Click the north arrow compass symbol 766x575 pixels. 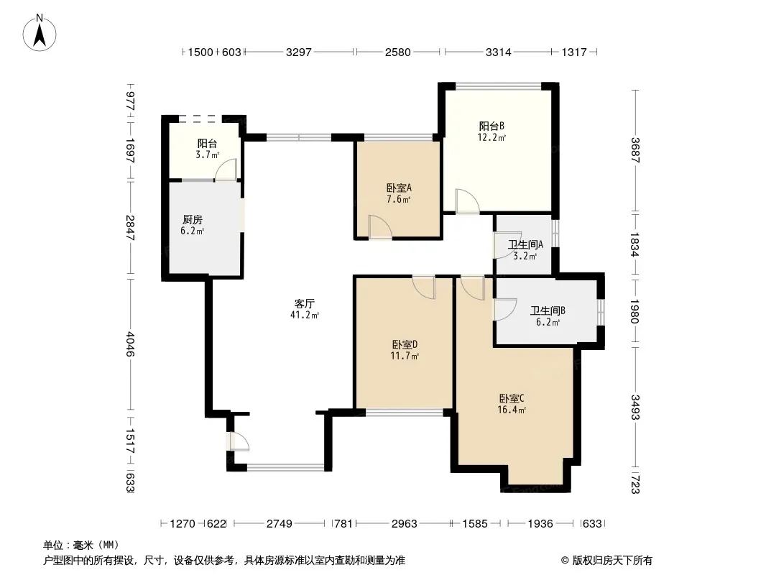pos(40,33)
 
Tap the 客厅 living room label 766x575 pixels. pos(305,303)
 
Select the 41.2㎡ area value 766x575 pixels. pos(305,315)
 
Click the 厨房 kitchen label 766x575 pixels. pos(193,220)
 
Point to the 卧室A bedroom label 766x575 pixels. pos(399,188)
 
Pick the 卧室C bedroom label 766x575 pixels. pos(512,399)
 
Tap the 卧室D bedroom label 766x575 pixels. pos(405,344)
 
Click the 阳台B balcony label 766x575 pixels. pos(492,126)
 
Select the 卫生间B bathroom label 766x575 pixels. pos(548,310)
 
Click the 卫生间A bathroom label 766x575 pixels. pos(525,244)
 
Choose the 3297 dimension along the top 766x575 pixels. pos(298,52)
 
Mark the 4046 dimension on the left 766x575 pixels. pos(130,344)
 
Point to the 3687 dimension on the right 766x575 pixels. pos(635,150)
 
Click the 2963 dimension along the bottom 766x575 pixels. pos(405,524)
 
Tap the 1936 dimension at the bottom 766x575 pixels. pos(540,524)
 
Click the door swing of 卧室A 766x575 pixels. pos(381,226)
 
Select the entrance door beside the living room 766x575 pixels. pos(238,441)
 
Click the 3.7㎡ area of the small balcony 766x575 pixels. pos(207,155)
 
